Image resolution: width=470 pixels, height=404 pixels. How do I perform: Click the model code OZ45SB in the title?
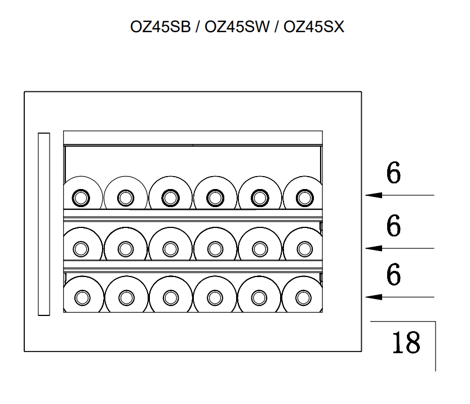(x=161, y=27)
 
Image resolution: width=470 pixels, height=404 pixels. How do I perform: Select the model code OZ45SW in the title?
(x=236, y=27)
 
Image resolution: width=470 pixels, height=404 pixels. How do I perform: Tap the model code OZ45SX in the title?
(x=313, y=27)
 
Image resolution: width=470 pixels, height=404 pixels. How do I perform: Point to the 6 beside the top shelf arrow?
(x=394, y=173)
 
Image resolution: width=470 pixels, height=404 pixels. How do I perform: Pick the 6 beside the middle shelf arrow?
(x=394, y=226)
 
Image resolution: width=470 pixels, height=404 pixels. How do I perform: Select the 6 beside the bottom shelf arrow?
(x=394, y=275)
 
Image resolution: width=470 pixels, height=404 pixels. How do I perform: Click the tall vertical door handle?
(x=44, y=224)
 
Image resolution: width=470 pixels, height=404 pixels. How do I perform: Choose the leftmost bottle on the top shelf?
(x=82, y=197)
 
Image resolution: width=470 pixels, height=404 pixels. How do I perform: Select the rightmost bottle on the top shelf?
(x=304, y=197)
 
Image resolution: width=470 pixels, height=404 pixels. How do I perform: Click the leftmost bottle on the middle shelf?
(x=82, y=248)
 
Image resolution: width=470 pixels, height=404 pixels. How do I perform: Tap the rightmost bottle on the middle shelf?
(x=304, y=248)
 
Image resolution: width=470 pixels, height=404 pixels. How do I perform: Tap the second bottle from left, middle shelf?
(x=125, y=248)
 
